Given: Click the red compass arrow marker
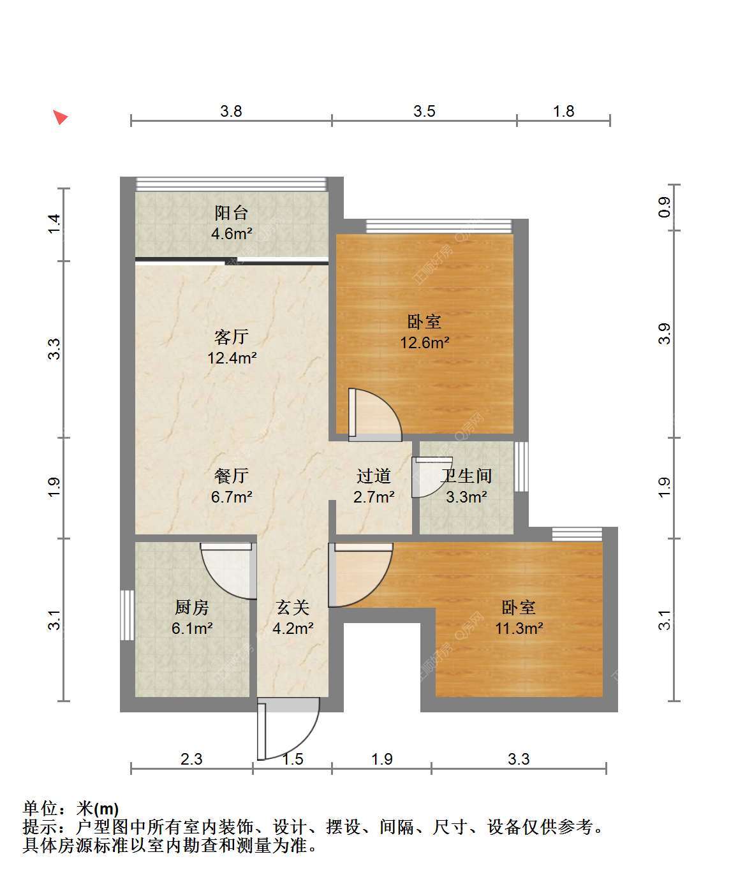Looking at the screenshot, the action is coord(61,117).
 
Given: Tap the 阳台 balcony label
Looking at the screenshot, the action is coord(232,213).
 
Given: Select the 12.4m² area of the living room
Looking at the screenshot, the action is coord(232,358).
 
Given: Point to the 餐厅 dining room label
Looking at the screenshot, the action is coord(232,476).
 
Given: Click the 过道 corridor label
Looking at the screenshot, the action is coord(374,476).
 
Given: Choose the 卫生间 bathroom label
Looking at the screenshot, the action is coord(466,476).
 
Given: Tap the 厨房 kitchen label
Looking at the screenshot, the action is coord(191,608).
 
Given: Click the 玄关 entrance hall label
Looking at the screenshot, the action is coord(293,608).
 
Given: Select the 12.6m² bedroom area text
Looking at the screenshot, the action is coord(425,342).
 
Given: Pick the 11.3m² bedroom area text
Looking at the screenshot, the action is coord(519,628).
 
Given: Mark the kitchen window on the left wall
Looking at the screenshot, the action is coord(127,615).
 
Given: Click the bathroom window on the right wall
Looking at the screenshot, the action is coord(521,467).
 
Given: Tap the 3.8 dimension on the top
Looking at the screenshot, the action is coord(232,112).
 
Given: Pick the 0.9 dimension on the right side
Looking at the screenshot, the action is coord(665,207).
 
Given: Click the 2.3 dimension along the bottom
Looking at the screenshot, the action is coord(191,759).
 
